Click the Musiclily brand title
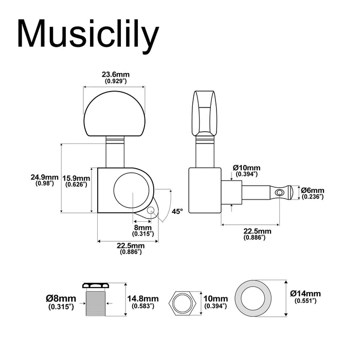point(88,35)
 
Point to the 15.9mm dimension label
point(76,178)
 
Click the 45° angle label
point(177,211)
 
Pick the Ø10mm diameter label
point(246,168)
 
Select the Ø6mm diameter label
point(313,190)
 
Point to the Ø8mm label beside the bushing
point(61,299)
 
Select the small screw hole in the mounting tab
point(151,211)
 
